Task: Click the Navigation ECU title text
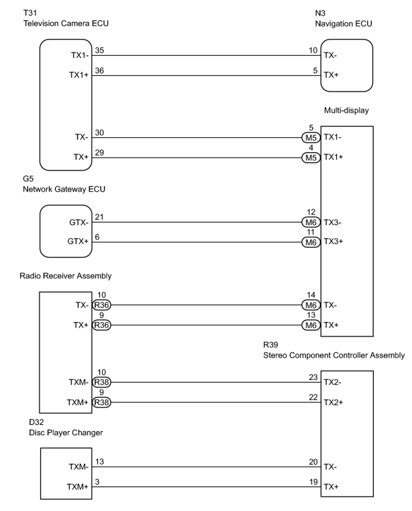343,24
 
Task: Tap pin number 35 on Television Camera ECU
99,50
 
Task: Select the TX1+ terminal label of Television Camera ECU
79,75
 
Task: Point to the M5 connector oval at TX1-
311,138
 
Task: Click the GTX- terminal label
79,222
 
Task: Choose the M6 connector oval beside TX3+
311,242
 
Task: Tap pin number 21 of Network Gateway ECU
99,217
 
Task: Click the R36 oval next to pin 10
101,305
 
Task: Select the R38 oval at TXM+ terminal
101,403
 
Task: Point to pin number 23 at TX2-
313,377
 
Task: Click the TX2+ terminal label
333,403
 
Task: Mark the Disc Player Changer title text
66,433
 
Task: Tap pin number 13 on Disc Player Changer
99,461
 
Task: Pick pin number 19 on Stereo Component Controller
313,482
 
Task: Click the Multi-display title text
347,111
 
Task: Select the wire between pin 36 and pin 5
206,76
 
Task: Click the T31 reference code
30,13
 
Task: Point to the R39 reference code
270,345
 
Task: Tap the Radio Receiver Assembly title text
65,276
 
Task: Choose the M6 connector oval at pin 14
311,305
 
